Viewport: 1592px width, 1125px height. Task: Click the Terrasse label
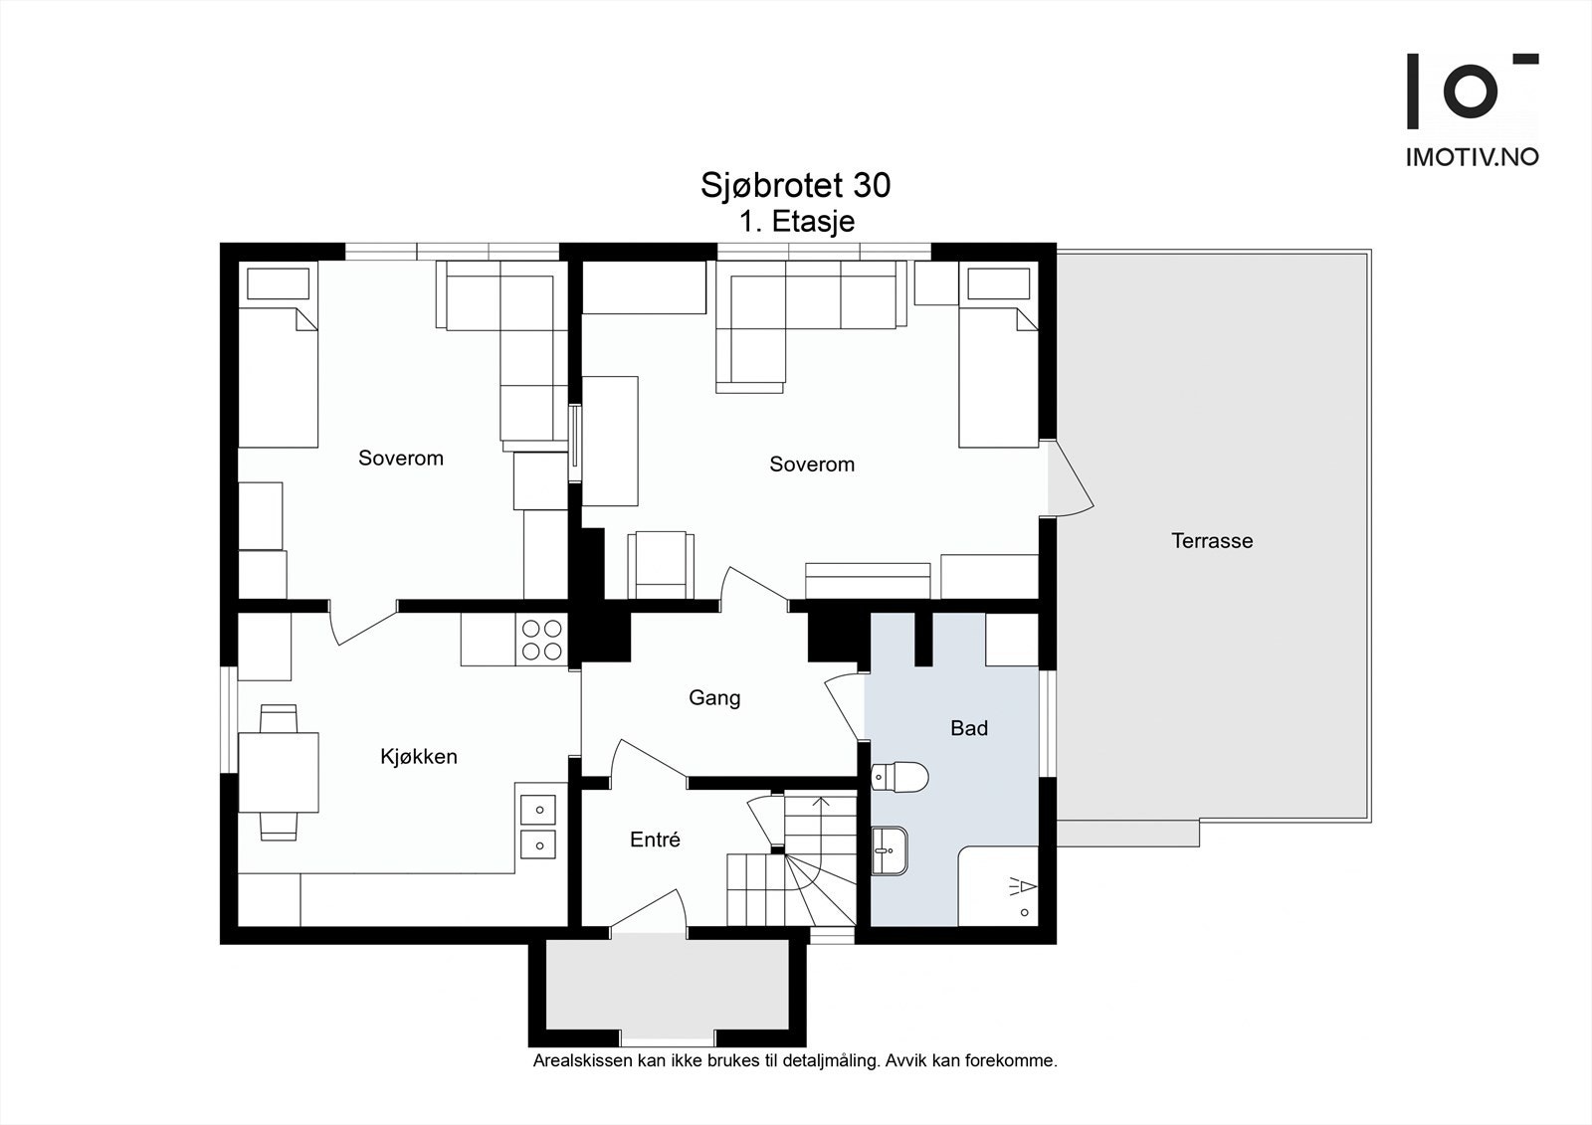click(1212, 541)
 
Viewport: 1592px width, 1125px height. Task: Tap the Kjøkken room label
click(419, 757)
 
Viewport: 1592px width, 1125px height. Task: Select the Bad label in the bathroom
click(969, 728)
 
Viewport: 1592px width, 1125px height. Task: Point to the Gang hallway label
click(714, 698)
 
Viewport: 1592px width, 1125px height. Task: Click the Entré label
click(655, 840)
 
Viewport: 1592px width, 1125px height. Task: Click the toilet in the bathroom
click(899, 778)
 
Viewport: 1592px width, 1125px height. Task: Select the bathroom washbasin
click(890, 850)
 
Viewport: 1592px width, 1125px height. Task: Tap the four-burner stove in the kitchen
click(542, 640)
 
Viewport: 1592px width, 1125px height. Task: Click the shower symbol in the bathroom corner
click(1021, 887)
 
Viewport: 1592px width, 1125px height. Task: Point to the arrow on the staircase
click(821, 824)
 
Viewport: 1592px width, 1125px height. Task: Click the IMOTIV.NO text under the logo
click(1472, 157)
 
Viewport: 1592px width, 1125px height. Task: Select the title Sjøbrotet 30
click(795, 185)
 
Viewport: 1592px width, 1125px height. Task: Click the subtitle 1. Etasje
click(797, 222)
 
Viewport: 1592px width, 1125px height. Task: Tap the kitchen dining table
click(279, 773)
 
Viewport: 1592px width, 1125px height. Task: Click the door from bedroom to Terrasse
click(1070, 477)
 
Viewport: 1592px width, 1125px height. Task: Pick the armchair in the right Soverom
click(661, 565)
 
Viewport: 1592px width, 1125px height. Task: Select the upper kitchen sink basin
click(538, 810)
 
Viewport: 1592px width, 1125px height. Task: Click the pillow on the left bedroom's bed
click(278, 283)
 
